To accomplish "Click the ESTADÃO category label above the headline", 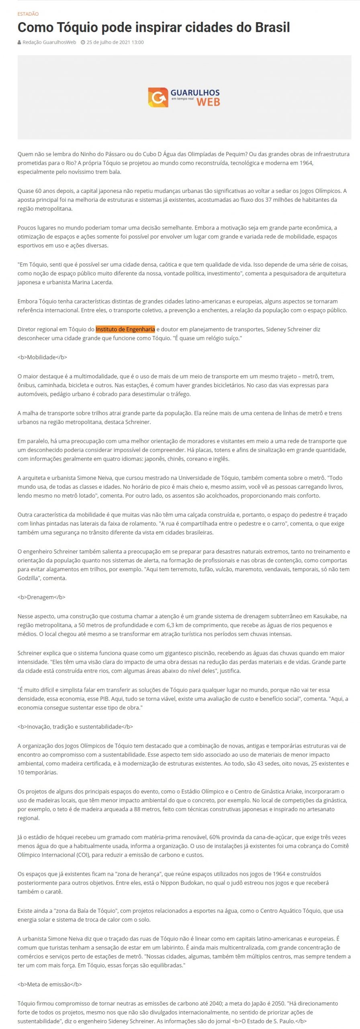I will [x=28, y=14].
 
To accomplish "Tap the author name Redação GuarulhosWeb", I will [x=49, y=42].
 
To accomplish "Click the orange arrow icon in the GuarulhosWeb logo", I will [x=158, y=97].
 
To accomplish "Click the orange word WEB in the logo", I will [x=208, y=102].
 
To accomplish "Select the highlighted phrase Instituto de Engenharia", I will [x=125, y=329].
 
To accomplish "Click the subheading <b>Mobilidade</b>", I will [x=42, y=357].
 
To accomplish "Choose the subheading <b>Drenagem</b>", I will [x=41, y=597].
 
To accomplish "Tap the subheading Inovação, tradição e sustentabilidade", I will [x=75, y=726].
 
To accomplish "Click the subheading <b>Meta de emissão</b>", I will [x=49, y=984].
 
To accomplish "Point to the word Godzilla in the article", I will [x=29, y=578].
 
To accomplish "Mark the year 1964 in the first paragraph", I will [x=306, y=163].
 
